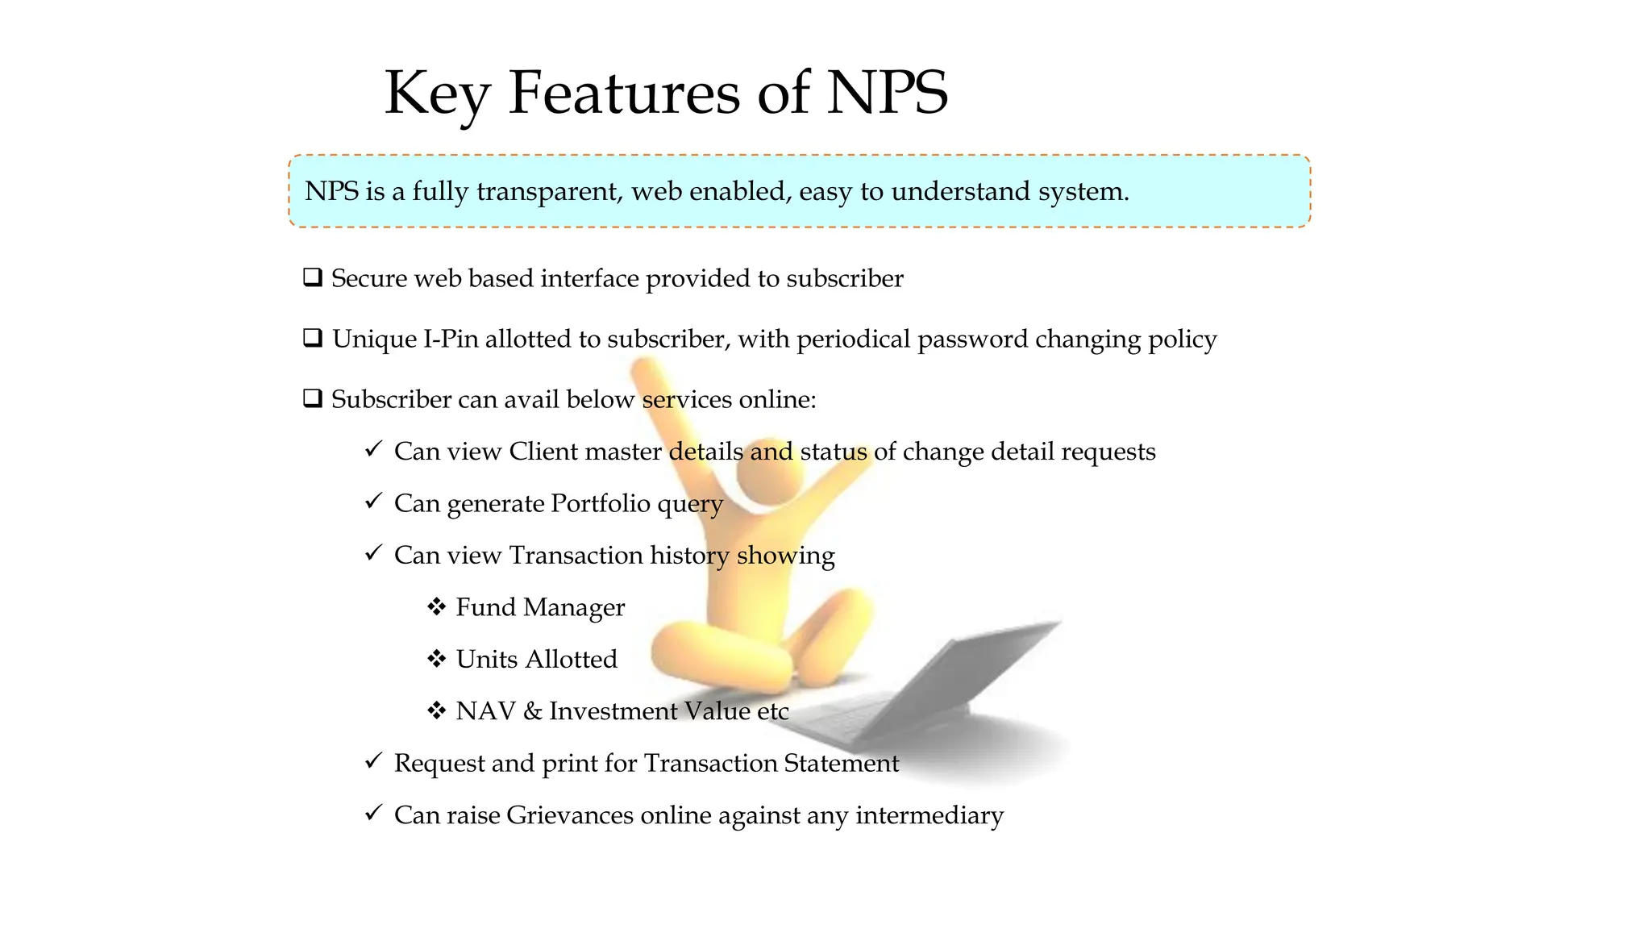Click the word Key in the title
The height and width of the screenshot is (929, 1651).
[437, 94]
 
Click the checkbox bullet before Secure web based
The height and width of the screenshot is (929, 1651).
[313, 277]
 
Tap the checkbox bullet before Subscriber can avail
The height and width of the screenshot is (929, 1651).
[313, 398]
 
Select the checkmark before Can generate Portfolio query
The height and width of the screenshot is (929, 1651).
[372, 502]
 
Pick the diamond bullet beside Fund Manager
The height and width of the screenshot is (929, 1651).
[436, 606]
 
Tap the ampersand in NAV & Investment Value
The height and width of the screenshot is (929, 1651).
[532, 711]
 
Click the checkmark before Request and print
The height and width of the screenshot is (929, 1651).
[372, 761]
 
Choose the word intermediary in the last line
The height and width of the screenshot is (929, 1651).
[929, 815]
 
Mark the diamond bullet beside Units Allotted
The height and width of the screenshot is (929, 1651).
[436, 659]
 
